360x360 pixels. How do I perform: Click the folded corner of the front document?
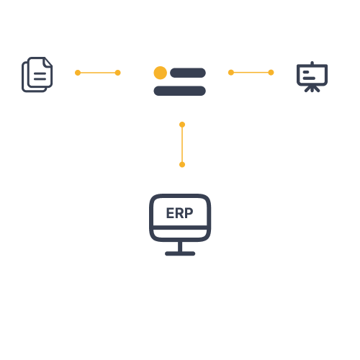48,63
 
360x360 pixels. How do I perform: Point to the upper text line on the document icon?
40,73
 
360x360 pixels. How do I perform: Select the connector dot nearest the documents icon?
78,73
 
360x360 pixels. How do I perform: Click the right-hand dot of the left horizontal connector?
117,73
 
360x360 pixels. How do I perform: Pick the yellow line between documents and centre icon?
98,73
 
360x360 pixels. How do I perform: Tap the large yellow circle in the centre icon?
161,73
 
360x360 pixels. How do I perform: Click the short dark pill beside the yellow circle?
188,73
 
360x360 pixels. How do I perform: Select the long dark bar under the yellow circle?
179,91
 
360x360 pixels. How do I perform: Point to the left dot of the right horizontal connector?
231,73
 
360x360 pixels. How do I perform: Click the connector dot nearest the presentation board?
271,73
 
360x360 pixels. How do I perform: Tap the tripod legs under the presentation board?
312,89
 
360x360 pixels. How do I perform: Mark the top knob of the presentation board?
312,63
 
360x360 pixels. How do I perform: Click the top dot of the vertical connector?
182,125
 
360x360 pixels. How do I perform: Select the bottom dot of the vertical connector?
182,164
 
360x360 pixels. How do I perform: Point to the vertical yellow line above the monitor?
182,145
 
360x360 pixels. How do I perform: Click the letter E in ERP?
170,213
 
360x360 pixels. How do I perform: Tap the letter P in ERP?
189,213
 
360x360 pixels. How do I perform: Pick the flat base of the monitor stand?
180,253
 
